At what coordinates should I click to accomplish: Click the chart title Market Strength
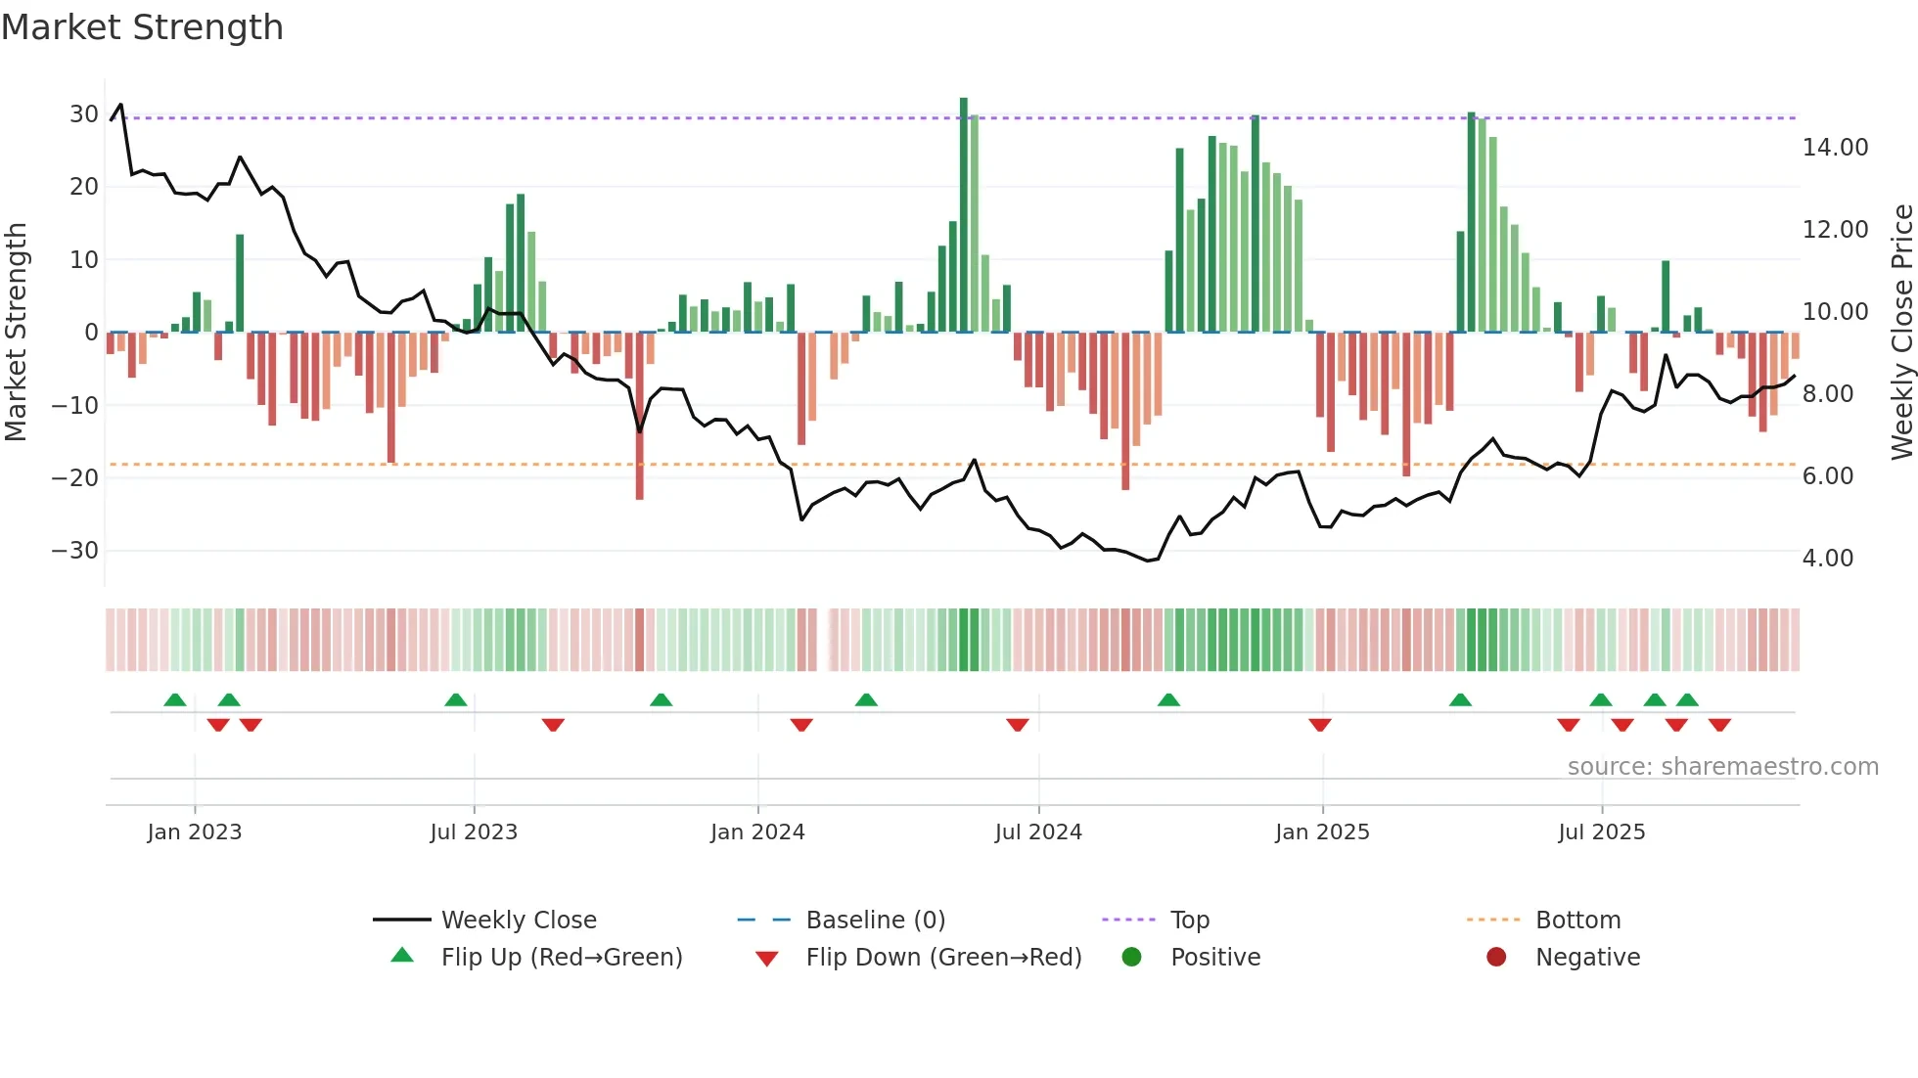pyautogui.click(x=142, y=27)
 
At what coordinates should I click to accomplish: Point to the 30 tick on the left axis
pyautogui.click(x=84, y=114)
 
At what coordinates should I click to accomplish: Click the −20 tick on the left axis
pyautogui.click(x=75, y=478)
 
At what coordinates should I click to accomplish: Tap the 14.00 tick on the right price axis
pyautogui.click(x=1835, y=148)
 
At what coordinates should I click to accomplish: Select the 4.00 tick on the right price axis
pyautogui.click(x=1827, y=559)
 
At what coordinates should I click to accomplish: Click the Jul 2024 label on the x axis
pyautogui.click(x=1038, y=832)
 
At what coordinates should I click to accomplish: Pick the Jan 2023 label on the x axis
pyautogui.click(x=194, y=832)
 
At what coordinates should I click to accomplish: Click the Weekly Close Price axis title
pyautogui.click(x=1901, y=333)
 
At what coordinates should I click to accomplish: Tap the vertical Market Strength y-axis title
pyautogui.click(x=16, y=333)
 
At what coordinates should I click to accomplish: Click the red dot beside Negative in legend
pyautogui.click(x=1496, y=958)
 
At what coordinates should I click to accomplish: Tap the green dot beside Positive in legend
pyautogui.click(x=1132, y=958)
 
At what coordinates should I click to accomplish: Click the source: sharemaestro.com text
pyautogui.click(x=1722, y=767)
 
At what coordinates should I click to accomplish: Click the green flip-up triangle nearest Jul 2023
pyautogui.click(x=456, y=700)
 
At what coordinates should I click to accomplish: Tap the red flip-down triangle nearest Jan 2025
pyautogui.click(x=1320, y=725)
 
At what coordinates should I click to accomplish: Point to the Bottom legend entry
pyautogui.click(x=1577, y=921)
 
